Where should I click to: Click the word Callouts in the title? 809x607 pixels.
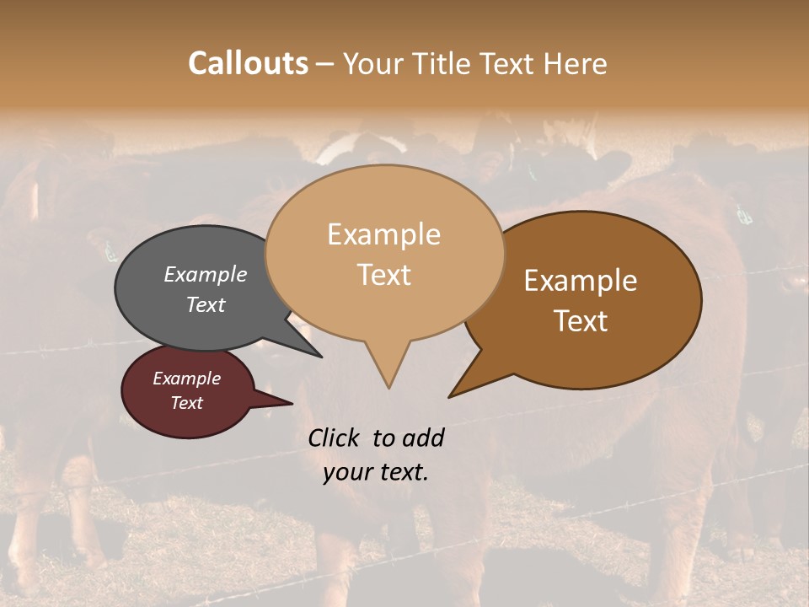click(248, 63)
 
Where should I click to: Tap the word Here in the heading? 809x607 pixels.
click(576, 63)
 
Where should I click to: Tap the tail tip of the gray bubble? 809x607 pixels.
click(320, 357)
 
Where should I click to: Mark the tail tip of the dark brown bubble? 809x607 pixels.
click(450, 396)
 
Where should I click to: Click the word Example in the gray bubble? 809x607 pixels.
click(206, 274)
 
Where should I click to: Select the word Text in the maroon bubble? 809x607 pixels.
click(187, 403)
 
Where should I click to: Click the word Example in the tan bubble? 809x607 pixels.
click(384, 234)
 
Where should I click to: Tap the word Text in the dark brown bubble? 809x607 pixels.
click(581, 321)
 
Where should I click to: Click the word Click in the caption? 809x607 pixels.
click(334, 438)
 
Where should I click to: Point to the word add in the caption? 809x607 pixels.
click(423, 438)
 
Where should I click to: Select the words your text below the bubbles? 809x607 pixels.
click(376, 472)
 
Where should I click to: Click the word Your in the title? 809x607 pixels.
click(372, 63)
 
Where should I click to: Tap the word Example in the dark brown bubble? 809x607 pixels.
click(581, 281)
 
